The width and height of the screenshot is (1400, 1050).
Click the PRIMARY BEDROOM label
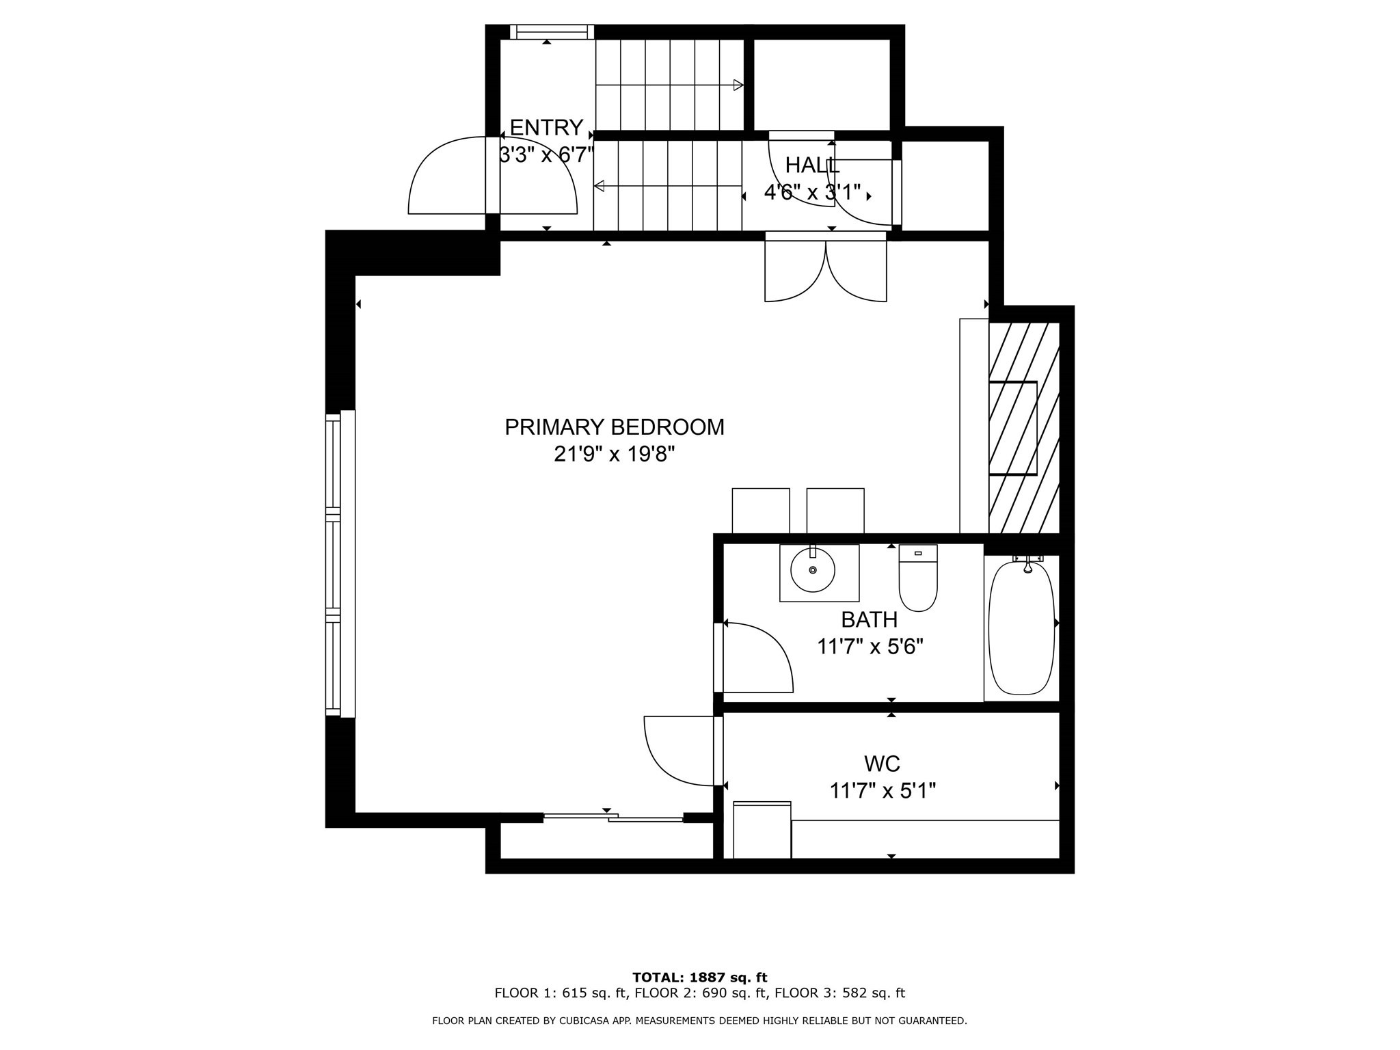[x=614, y=427]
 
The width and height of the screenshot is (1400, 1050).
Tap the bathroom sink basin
[x=813, y=571]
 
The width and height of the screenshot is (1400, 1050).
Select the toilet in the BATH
[x=917, y=579]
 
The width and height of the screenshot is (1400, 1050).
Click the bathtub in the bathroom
[x=1021, y=628]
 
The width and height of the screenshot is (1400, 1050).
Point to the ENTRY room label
[x=546, y=128]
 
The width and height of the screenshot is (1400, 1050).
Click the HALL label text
[x=811, y=165]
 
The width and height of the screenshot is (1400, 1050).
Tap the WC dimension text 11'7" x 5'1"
[x=882, y=791]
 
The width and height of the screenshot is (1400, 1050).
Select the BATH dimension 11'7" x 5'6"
[x=870, y=647]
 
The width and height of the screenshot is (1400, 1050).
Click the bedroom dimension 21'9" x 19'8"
[x=614, y=454]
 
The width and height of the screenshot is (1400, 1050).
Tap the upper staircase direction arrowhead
[x=738, y=85]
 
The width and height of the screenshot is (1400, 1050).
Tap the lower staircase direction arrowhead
[x=600, y=186]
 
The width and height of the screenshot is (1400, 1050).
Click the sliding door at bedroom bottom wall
[x=613, y=817]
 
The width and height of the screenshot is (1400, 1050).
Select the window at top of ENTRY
[x=552, y=32]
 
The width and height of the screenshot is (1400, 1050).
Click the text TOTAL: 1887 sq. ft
[x=699, y=978]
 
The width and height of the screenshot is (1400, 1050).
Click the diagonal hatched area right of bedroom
[x=1023, y=427]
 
